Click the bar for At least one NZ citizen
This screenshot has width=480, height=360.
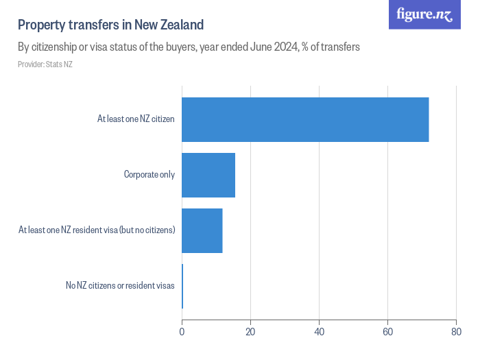[305, 119]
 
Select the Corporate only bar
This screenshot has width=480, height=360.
[208, 175]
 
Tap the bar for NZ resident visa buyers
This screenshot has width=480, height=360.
[202, 230]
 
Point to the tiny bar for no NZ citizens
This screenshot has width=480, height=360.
[182, 286]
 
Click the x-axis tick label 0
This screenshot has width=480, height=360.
[182, 333]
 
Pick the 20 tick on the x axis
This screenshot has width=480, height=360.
[250, 333]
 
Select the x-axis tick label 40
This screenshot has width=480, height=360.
[319, 333]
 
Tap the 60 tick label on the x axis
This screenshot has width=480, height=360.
[387, 333]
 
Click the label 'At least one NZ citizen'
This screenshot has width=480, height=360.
[136, 119]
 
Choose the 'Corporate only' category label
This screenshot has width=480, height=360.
[149, 175]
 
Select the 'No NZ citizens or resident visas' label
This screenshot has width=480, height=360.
[120, 286]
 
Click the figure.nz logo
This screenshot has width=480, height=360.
[424, 14]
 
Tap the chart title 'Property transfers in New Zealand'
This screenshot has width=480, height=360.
[111, 25]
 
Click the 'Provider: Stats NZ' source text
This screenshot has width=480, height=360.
[45, 64]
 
